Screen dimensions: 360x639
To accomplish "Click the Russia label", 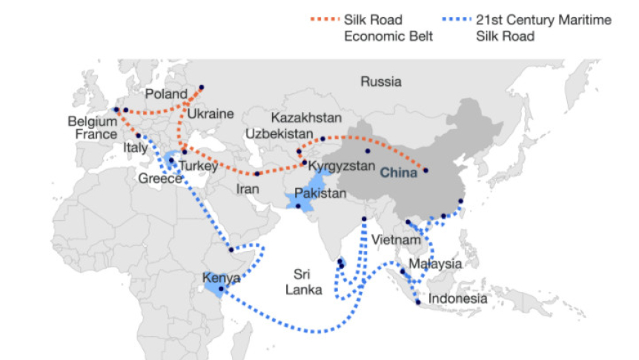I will click(381, 81).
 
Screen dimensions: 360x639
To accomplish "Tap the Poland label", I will click(167, 94).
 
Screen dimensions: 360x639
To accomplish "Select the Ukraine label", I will click(210, 114).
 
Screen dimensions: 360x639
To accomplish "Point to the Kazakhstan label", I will click(306, 119).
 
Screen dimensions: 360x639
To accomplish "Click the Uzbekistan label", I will click(280, 133).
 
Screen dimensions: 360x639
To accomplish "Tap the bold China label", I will click(399, 174).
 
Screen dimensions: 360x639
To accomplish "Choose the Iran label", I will click(248, 189).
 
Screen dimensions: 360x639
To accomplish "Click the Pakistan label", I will click(320, 194).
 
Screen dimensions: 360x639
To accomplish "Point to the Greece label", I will click(160, 179).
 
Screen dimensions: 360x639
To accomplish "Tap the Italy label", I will click(139, 149).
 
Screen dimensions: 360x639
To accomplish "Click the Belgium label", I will click(93, 121).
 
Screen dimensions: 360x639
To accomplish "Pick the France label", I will click(96, 134).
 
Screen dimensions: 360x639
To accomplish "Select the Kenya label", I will click(221, 279).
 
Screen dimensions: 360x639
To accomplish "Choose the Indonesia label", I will click(459, 299).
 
